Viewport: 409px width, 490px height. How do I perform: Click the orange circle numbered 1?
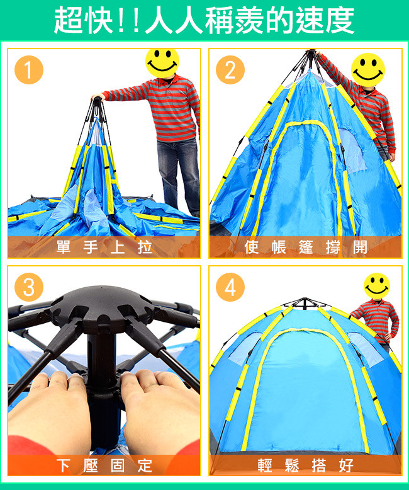(x=29, y=70)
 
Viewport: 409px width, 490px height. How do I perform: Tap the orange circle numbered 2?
(x=230, y=70)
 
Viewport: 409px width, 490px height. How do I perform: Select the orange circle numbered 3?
(x=29, y=287)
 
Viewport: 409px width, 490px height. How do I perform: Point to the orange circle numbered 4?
(x=230, y=287)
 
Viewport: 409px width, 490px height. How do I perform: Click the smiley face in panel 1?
(x=162, y=62)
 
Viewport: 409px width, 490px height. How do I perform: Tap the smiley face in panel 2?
(x=368, y=70)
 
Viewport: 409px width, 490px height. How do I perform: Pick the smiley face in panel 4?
(x=377, y=286)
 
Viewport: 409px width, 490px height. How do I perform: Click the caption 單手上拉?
(x=104, y=247)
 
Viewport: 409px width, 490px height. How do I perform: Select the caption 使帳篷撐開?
(x=306, y=247)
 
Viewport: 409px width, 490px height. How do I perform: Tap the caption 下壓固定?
(x=104, y=465)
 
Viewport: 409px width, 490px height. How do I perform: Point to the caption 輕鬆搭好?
(x=306, y=465)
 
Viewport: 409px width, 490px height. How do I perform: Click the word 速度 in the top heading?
(x=325, y=21)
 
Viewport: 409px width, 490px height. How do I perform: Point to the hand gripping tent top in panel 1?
(x=98, y=97)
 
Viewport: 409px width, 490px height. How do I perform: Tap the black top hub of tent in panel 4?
(x=305, y=303)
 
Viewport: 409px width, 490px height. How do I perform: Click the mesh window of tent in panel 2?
(x=352, y=150)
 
